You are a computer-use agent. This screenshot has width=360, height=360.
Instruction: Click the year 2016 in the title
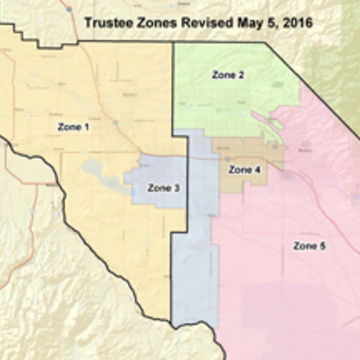(x=297, y=23)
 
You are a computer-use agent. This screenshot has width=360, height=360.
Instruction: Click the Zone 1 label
(x=73, y=127)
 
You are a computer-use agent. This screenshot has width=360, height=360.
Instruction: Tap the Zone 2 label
(x=228, y=75)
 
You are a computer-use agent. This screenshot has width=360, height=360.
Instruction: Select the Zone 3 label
(x=163, y=188)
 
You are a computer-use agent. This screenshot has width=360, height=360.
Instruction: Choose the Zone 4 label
(x=244, y=170)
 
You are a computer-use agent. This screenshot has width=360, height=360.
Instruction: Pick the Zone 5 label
(x=309, y=246)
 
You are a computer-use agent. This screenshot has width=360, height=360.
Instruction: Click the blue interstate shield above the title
(x=69, y=9)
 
